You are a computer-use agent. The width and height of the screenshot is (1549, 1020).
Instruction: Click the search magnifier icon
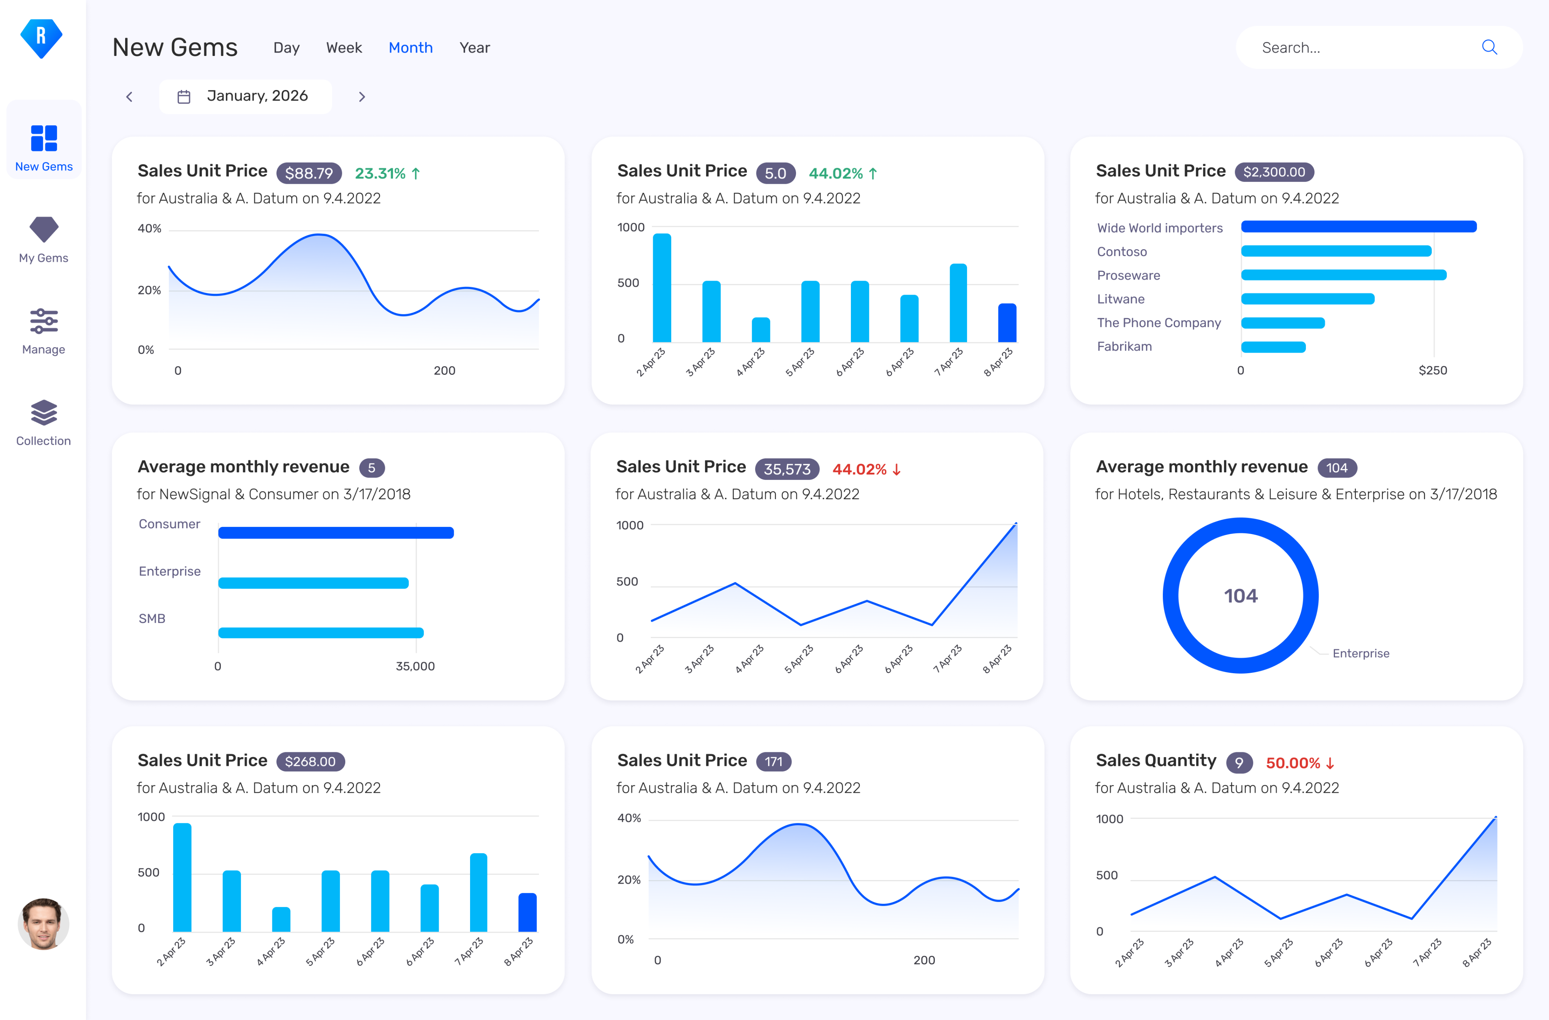[x=1489, y=47]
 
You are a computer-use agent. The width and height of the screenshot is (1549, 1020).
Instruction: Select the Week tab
[x=344, y=48]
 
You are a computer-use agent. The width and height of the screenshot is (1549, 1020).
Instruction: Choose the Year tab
[x=475, y=48]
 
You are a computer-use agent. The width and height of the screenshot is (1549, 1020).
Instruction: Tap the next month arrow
[x=362, y=97]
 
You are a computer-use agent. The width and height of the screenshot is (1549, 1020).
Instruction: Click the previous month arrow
[x=129, y=97]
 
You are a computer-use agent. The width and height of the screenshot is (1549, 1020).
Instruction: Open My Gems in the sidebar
[x=43, y=239]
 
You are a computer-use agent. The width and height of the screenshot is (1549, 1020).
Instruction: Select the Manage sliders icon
[x=43, y=321]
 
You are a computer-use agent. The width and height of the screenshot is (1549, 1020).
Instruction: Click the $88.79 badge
[x=309, y=173]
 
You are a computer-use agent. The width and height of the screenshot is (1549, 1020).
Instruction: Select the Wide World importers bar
[x=1358, y=227]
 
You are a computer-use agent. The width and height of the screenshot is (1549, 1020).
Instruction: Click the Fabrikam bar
[x=1273, y=347]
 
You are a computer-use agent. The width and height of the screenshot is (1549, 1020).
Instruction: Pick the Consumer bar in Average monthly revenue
[x=336, y=533]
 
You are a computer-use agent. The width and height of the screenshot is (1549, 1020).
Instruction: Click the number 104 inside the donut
[x=1240, y=596]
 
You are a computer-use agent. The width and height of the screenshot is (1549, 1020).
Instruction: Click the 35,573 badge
[x=787, y=469]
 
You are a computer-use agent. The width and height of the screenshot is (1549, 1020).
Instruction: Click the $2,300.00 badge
[x=1274, y=172]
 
